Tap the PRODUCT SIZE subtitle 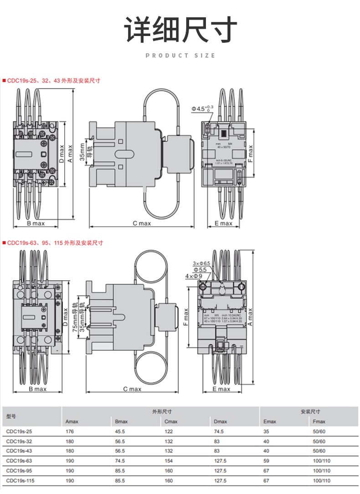180,56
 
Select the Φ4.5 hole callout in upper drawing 202,108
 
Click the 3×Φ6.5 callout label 201,263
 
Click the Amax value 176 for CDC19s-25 69,431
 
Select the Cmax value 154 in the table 169,461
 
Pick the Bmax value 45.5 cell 120,431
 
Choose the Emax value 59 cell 267,461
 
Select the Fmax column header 319,422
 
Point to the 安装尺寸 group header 310,412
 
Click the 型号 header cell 11,416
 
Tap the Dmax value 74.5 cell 219,431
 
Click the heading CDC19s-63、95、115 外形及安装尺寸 55,243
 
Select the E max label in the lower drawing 222,389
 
